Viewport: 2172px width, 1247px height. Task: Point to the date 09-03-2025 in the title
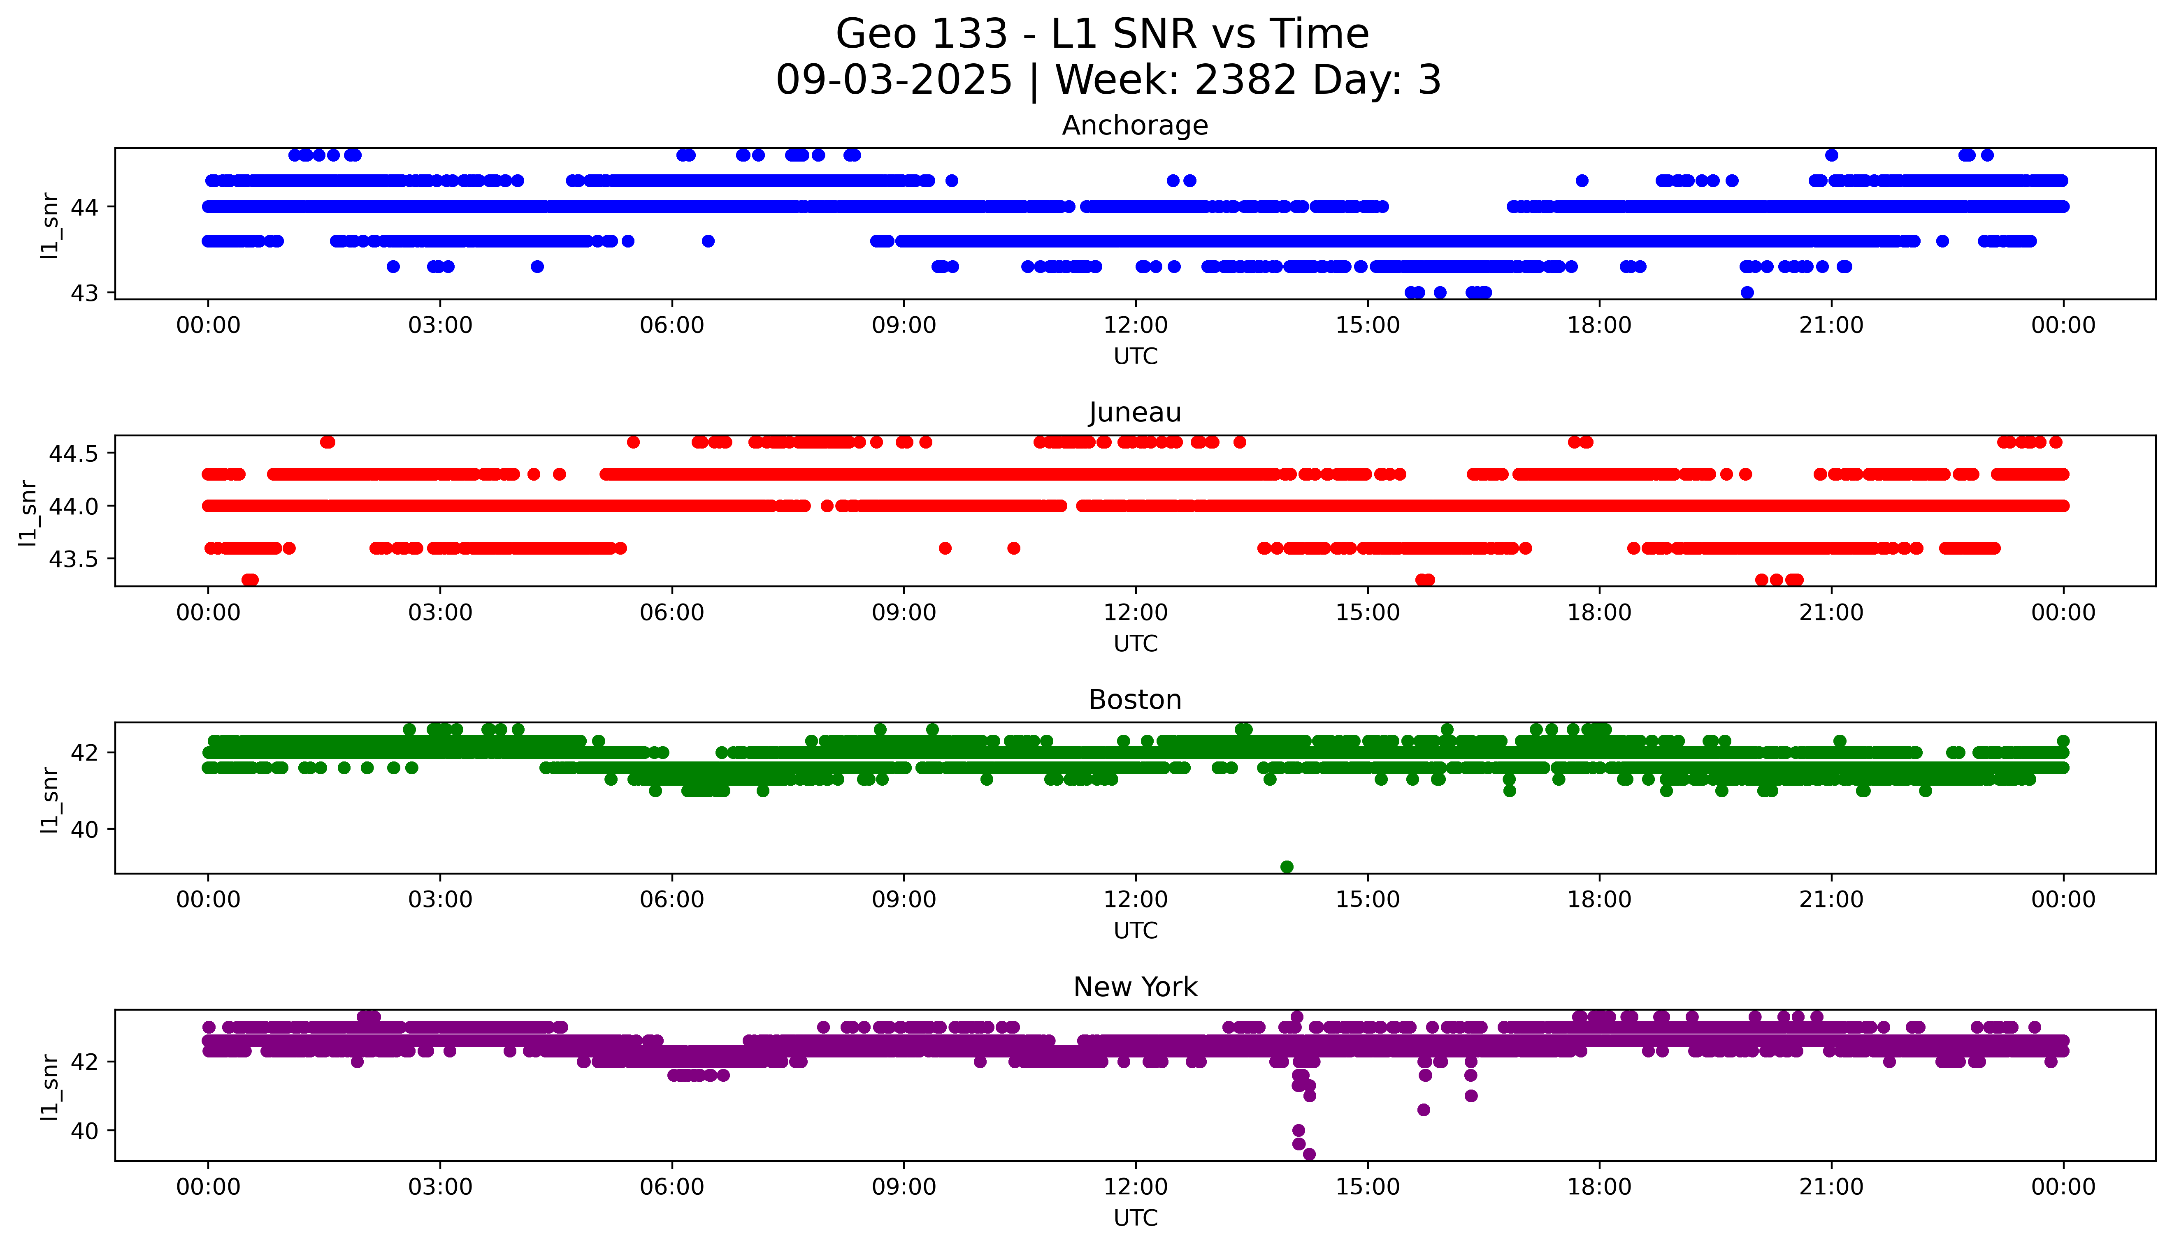(894, 81)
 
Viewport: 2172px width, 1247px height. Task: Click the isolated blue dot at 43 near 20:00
(1747, 292)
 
